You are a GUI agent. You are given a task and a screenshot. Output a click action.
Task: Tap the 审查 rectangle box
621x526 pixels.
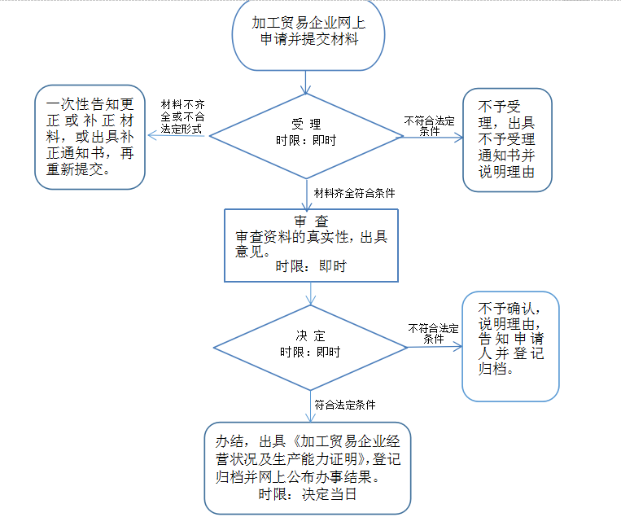[x=310, y=245]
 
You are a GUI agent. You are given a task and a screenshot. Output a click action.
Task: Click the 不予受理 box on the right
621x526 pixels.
[x=506, y=139]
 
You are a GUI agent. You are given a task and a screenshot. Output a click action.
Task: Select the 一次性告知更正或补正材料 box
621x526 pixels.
[x=90, y=138]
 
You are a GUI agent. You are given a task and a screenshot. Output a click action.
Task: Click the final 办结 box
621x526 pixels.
[x=308, y=467]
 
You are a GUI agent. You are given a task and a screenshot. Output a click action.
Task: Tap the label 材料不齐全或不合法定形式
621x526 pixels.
[x=182, y=116]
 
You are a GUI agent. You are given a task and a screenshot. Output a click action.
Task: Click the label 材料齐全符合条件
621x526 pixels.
[x=354, y=193]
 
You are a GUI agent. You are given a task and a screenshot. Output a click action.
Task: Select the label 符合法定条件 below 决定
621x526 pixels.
[x=345, y=403]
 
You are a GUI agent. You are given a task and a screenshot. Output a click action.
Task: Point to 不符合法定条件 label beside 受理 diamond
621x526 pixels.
[x=429, y=125]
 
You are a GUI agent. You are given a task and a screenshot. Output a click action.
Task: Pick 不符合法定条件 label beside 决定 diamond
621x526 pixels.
[x=433, y=333]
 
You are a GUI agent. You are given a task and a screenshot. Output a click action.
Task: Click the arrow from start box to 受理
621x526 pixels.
[x=305, y=81]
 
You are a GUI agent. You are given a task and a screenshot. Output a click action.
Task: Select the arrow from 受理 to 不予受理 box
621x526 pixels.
[x=431, y=137]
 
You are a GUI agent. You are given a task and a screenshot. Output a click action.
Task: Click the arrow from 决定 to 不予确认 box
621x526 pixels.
[x=434, y=345]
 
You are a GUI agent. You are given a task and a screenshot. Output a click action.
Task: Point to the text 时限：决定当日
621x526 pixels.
[x=308, y=494]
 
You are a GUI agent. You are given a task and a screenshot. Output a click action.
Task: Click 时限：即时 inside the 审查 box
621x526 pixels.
[x=310, y=265]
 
